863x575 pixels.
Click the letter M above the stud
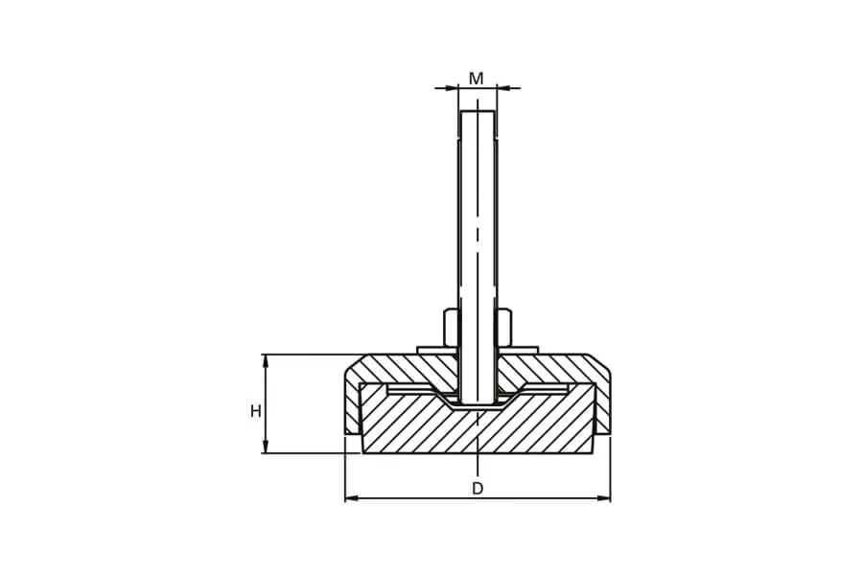click(476, 79)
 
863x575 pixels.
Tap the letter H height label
click(256, 411)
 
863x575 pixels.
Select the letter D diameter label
click(478, 488)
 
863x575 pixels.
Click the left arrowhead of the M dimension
click(452, 87)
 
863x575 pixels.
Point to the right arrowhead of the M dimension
click(503, 87)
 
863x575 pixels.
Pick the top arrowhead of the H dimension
click(266, 361)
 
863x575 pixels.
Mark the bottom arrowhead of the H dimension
click(266, 447)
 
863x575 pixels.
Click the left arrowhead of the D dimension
click(352, 498)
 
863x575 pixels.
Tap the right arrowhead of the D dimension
click(603, 498)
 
